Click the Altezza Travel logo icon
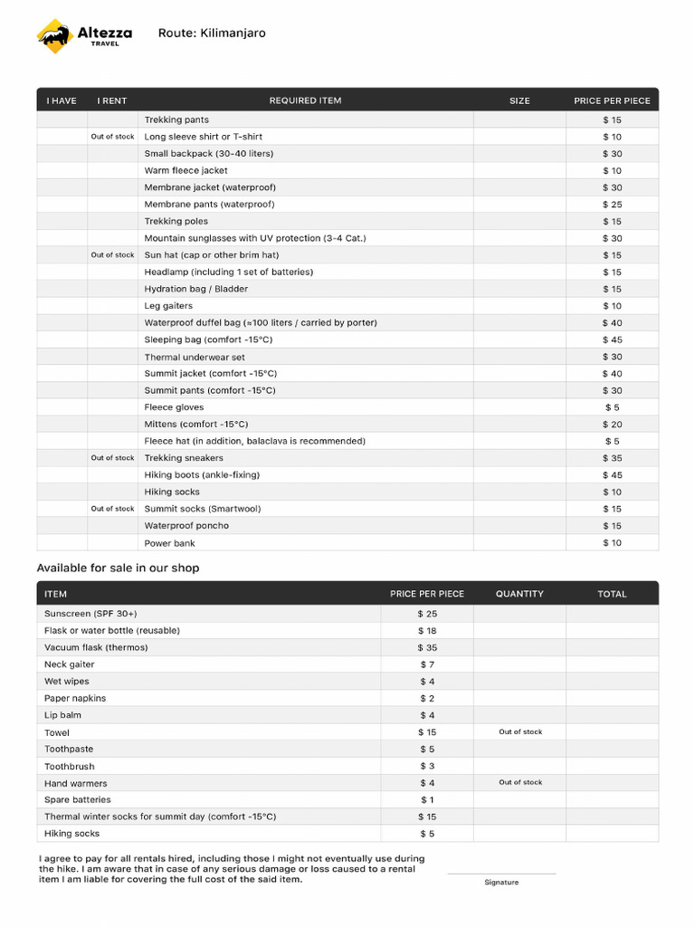pos(54,36)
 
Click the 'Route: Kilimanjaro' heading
pos(212,33)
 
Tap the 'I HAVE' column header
pos(62,100)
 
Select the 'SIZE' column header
pos(519,100)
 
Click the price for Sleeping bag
pos(613,339)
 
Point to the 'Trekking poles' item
pos(176,221)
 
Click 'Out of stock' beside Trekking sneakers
pos(112,458)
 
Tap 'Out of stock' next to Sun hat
pos(112,255)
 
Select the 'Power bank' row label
pos(170,543)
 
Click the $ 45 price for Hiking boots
pos(613,475)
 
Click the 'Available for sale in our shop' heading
pos(118,569)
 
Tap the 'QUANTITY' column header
pos(519,594)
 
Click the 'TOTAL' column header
pos(612,594)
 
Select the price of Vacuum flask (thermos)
pos(427,647)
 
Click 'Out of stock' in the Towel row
pos(520,731)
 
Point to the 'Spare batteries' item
pos(78,799)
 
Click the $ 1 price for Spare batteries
pos(427,799)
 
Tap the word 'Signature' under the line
pos(501,883)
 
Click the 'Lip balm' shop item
pos(62,715)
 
